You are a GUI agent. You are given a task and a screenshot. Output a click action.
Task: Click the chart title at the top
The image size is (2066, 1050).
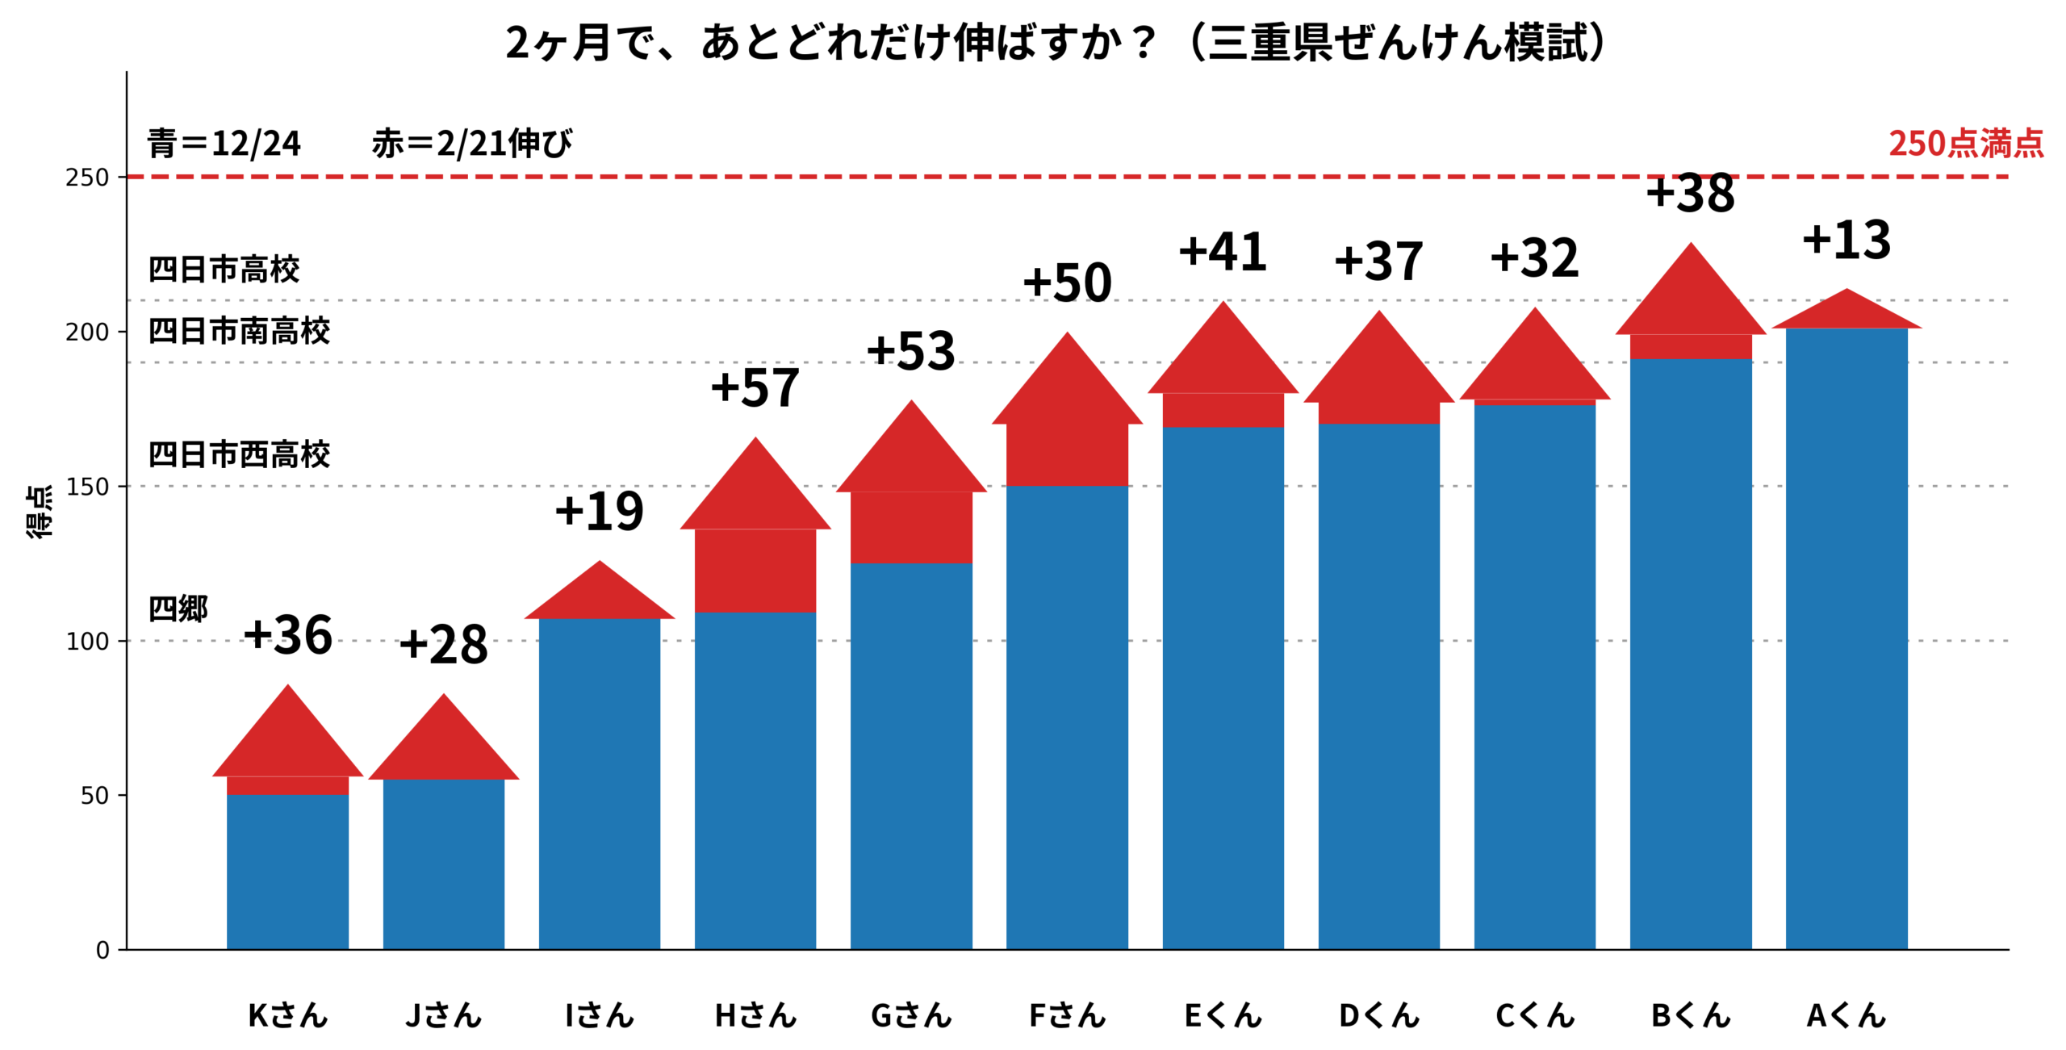click(x=1056, y=42)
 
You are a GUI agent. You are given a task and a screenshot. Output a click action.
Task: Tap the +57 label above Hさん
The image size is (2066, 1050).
click(x=755, y=387)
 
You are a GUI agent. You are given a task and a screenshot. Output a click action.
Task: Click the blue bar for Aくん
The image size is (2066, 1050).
click(x=1846, y=638)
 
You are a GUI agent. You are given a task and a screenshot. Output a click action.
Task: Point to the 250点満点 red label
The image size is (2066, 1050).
click(x=1965, y=144)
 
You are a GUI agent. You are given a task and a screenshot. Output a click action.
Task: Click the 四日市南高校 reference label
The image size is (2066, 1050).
click(x=239, y=331)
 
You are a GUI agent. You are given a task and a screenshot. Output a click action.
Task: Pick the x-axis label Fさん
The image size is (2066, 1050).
click(x=1066, y=1014)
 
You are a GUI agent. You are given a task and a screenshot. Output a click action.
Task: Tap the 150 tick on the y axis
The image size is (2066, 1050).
click(x=87, y=487)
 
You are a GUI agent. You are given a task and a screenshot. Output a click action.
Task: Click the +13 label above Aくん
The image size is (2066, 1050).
click(x=1846, y=240)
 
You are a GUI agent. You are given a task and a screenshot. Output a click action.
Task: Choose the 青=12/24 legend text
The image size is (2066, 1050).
click(x=224, y=144)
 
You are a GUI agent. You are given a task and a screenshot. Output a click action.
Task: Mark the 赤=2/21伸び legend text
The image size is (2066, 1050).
click(x=472, y=144)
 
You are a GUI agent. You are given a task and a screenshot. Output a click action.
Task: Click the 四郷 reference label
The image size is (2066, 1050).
click(x=178, y=609)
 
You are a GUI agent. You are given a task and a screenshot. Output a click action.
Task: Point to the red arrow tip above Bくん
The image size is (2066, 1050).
click(x=1690, y=291)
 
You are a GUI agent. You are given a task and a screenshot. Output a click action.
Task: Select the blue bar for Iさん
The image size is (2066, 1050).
click(x=599, y=783)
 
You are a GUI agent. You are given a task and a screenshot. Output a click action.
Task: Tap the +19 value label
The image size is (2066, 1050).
click(x=599, y=511)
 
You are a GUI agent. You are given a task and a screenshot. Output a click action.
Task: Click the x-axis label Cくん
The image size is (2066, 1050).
click(x=1534, y=1014)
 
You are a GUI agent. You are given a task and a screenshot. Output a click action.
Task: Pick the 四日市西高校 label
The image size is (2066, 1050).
click(x=239, y=455)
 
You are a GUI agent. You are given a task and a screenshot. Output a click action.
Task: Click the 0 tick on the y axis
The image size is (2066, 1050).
click(x=102, y=950)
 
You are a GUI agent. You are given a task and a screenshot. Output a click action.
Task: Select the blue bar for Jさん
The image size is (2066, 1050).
click(x=443, y=864)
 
